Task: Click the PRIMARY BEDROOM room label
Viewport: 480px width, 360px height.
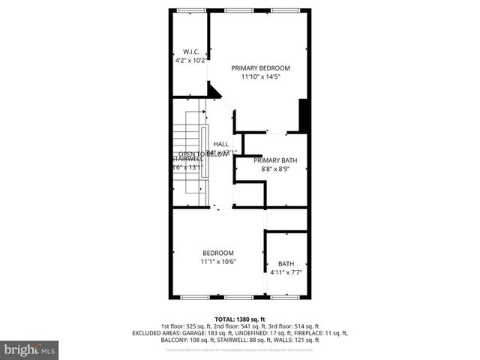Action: pyautogui.click(x=260, y=67)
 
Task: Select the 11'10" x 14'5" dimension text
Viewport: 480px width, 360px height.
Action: pyautogui.click(x=260, y=76)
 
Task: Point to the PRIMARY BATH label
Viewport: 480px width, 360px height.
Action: pyautogui.click(x=275, y=160)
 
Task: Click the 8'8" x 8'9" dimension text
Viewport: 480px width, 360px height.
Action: pyautogui.click(x=275, y=169)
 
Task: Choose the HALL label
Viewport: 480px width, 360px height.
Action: pyautogui.click(x=220, y=144)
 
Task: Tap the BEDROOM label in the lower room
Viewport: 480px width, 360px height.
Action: pyautogui.click(x=218, y=253)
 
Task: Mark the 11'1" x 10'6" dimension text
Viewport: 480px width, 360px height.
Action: pyautogui.click(x=218, y=262)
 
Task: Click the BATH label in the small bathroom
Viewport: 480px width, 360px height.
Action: pyautogui.click(x=286, y=263)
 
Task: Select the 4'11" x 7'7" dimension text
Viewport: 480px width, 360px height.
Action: pyautogui.click(x=286, y=272)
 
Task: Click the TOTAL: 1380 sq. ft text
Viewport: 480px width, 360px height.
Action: pyautogui.click(x=240, y=319)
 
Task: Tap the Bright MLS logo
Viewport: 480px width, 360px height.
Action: pyautogui.click(x=30, y=349)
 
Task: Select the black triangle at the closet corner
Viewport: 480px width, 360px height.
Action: pyautogui.click(x=214, y=91)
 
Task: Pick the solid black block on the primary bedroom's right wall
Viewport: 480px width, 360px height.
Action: pyautogui.click(x=304, y=115)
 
